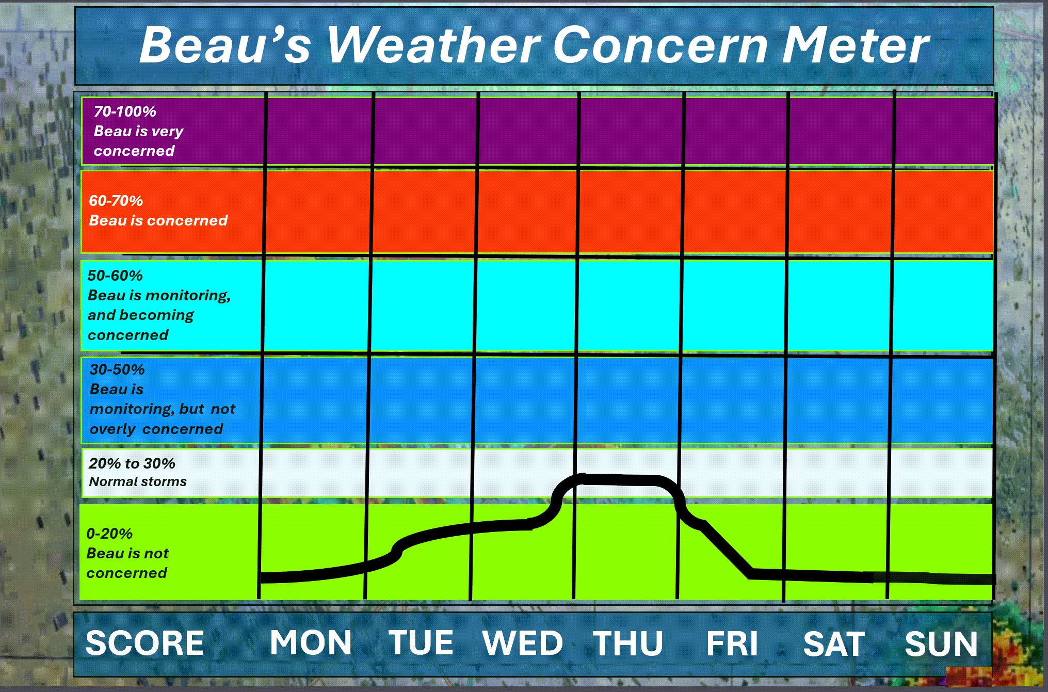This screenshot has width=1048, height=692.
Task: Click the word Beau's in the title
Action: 225,45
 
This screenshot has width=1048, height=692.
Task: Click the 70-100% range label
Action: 125,111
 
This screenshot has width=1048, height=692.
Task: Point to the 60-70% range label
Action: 116,201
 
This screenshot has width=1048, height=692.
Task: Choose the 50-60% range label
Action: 115,276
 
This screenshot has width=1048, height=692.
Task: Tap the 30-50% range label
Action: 117,369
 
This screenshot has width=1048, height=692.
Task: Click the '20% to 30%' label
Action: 132,463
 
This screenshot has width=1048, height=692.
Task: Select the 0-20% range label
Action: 109,534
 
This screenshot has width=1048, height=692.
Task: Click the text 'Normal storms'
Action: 138,481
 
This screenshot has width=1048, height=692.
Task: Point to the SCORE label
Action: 145,643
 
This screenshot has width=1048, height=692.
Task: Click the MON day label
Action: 311,643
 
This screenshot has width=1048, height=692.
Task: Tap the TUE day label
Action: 421,643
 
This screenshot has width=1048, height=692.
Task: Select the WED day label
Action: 523,643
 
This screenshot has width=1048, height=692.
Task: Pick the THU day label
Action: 628,643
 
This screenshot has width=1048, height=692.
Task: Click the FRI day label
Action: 732,643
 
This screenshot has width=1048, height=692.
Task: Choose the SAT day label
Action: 834,643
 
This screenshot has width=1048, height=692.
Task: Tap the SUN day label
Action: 941,643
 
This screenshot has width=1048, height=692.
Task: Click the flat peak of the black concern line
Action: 619,480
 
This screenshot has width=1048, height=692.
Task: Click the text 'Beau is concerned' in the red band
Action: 158,220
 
